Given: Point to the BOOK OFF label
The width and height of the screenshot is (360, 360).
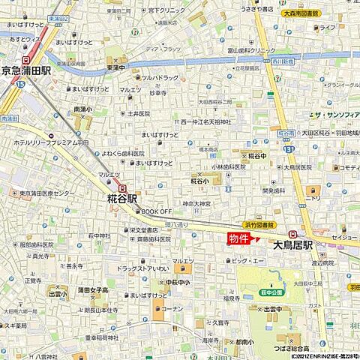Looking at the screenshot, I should (x=157, y=212).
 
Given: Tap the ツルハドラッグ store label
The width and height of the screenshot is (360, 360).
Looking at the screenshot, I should (x=159, y=77).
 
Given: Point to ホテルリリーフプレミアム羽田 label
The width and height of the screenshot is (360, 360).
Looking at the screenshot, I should (x=47, y=142).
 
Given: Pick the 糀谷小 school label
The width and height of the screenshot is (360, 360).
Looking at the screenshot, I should (x=199, y=181).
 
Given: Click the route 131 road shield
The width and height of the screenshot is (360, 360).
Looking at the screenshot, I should (x=289, y=149).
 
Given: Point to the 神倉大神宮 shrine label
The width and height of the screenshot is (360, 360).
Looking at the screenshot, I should (x=196, y=204).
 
